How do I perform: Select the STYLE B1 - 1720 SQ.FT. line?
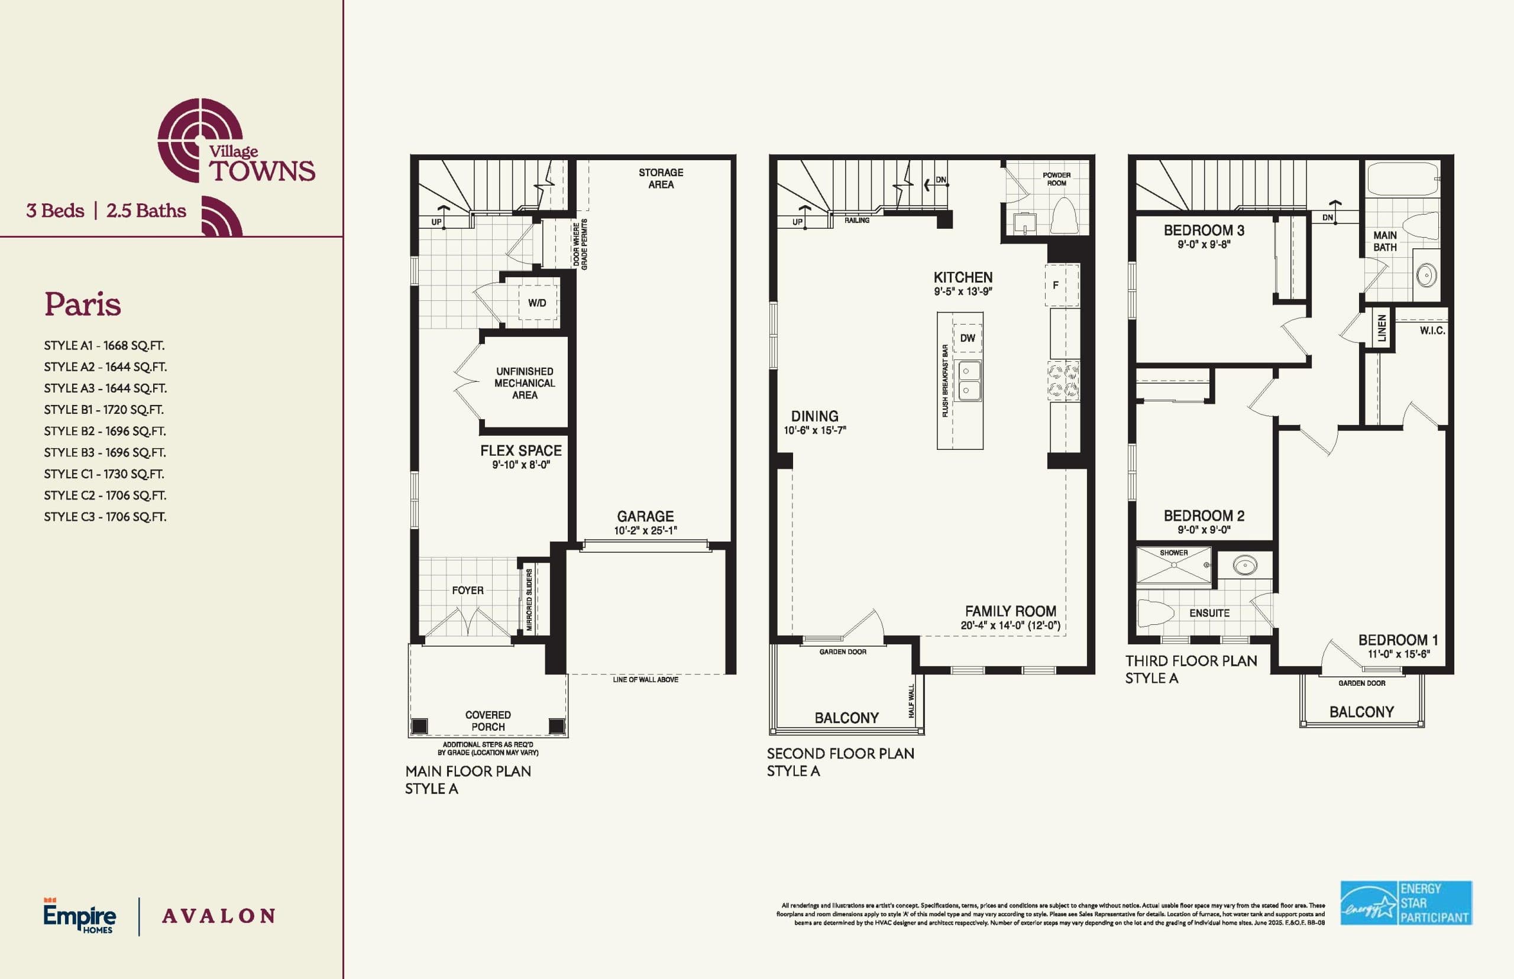[x=103, y=410]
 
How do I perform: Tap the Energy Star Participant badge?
[x=1406, y=903]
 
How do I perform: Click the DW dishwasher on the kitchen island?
[x=967, y=338]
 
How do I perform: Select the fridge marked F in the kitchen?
[x=1061, y=286]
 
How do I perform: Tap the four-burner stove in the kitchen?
[x=1063, y=380]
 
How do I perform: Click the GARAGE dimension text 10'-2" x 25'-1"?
[x=645, y=531]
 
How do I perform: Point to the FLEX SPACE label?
[x=521, y=450]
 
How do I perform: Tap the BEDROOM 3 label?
[x=1204, y=230]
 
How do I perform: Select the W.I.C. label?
[x=1432, y=330]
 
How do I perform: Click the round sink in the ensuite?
[x=1244, y=565]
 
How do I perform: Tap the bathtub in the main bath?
[x=1403, y=180]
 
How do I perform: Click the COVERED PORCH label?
[x=488, y=721]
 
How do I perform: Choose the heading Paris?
[x=83, y=304]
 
